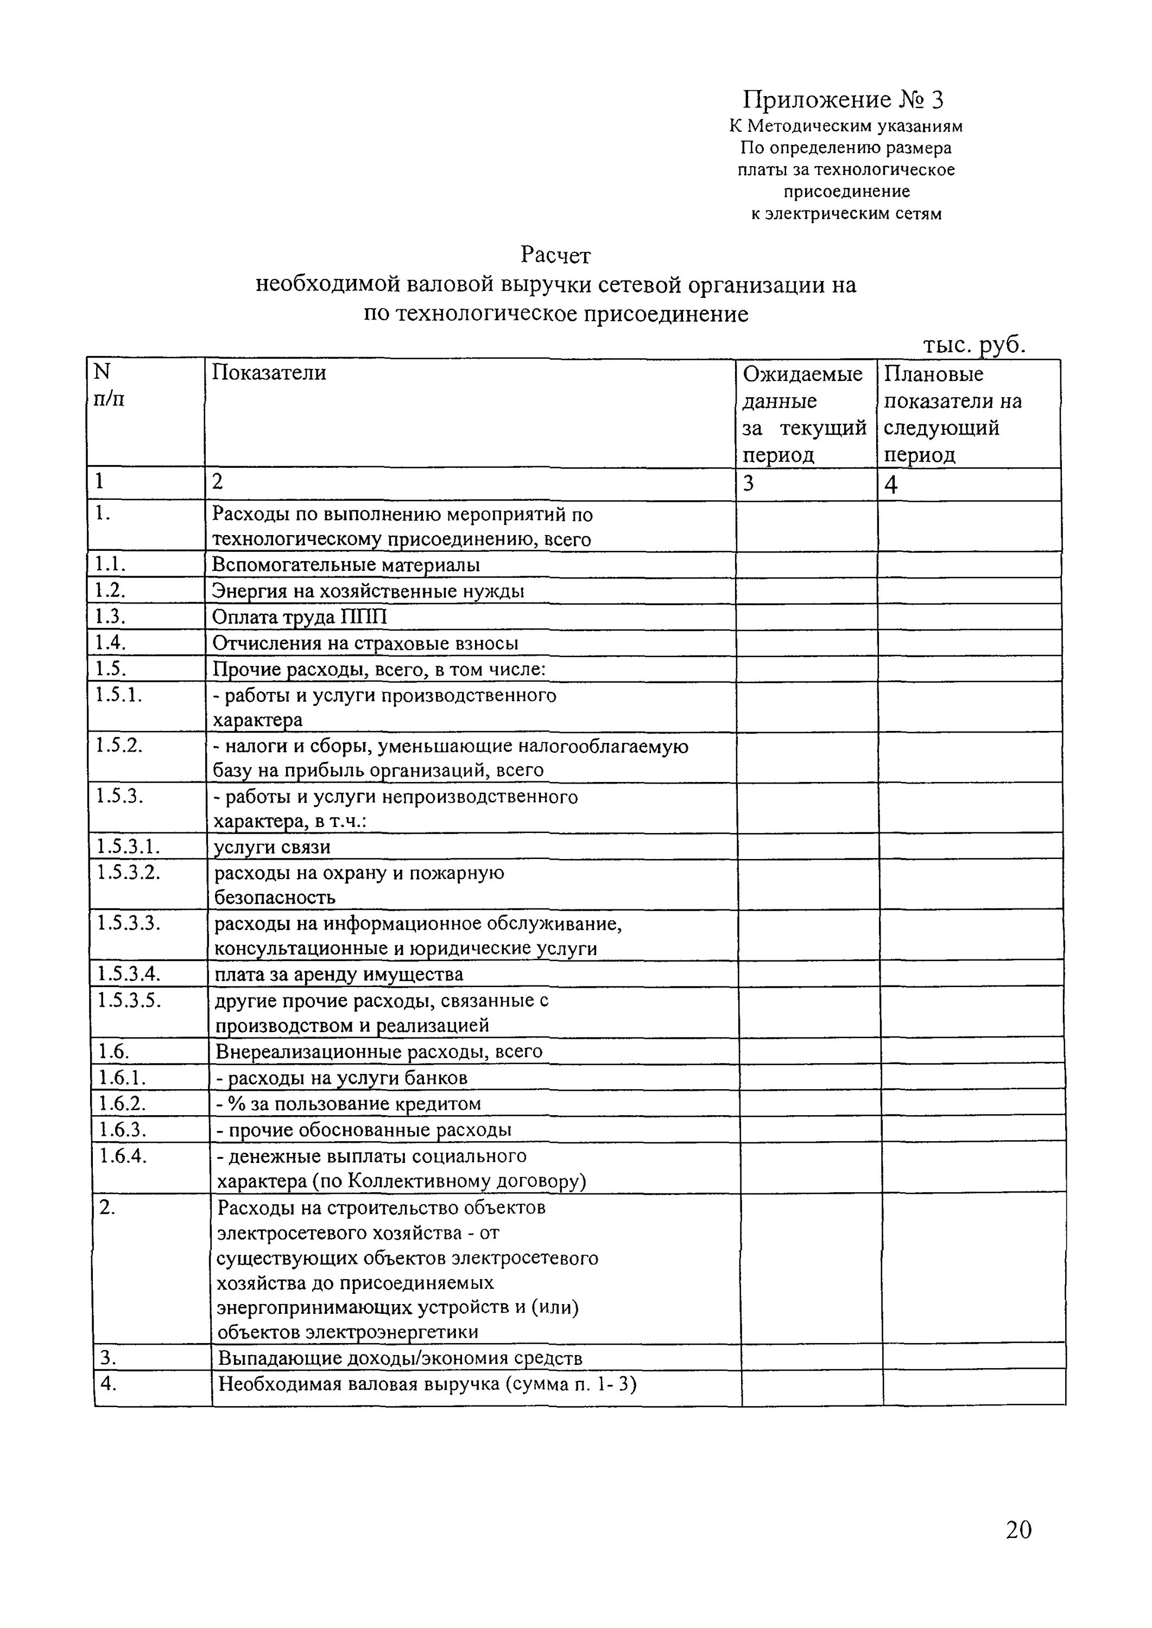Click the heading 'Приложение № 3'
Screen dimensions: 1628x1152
tap(843, 99)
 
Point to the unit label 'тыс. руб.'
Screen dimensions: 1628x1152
tap(974, 345)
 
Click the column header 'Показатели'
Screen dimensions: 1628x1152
tap(270, 372)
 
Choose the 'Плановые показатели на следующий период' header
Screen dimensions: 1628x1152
tap(953, 414)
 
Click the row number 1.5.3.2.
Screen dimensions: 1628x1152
tap(129, 872)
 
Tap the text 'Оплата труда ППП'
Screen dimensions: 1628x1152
tap(300, 617)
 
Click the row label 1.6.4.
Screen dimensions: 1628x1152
tap(123, 1156)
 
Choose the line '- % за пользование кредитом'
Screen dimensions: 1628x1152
tap(349, 1103)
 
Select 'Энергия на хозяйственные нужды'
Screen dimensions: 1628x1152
tap(368, 590)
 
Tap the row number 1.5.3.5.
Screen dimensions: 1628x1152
tap(129, 1001)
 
